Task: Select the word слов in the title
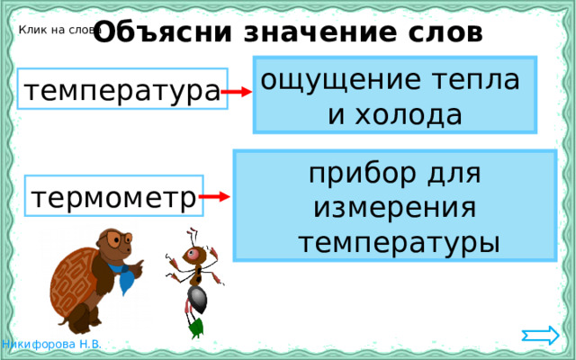pyautogui.click(x=442, y=32)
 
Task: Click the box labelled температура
pyautogui.click(x=122, y=91)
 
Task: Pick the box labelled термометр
pyautogui.click(x=113, y=195)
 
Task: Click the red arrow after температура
pyautogui.click(x=238, y=92)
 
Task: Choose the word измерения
pyautogui.click(x=394, y=207)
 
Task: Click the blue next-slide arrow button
pyautogui.click(x=540, y=336)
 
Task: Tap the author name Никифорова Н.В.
pyautogui.click(x=51, y=346)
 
